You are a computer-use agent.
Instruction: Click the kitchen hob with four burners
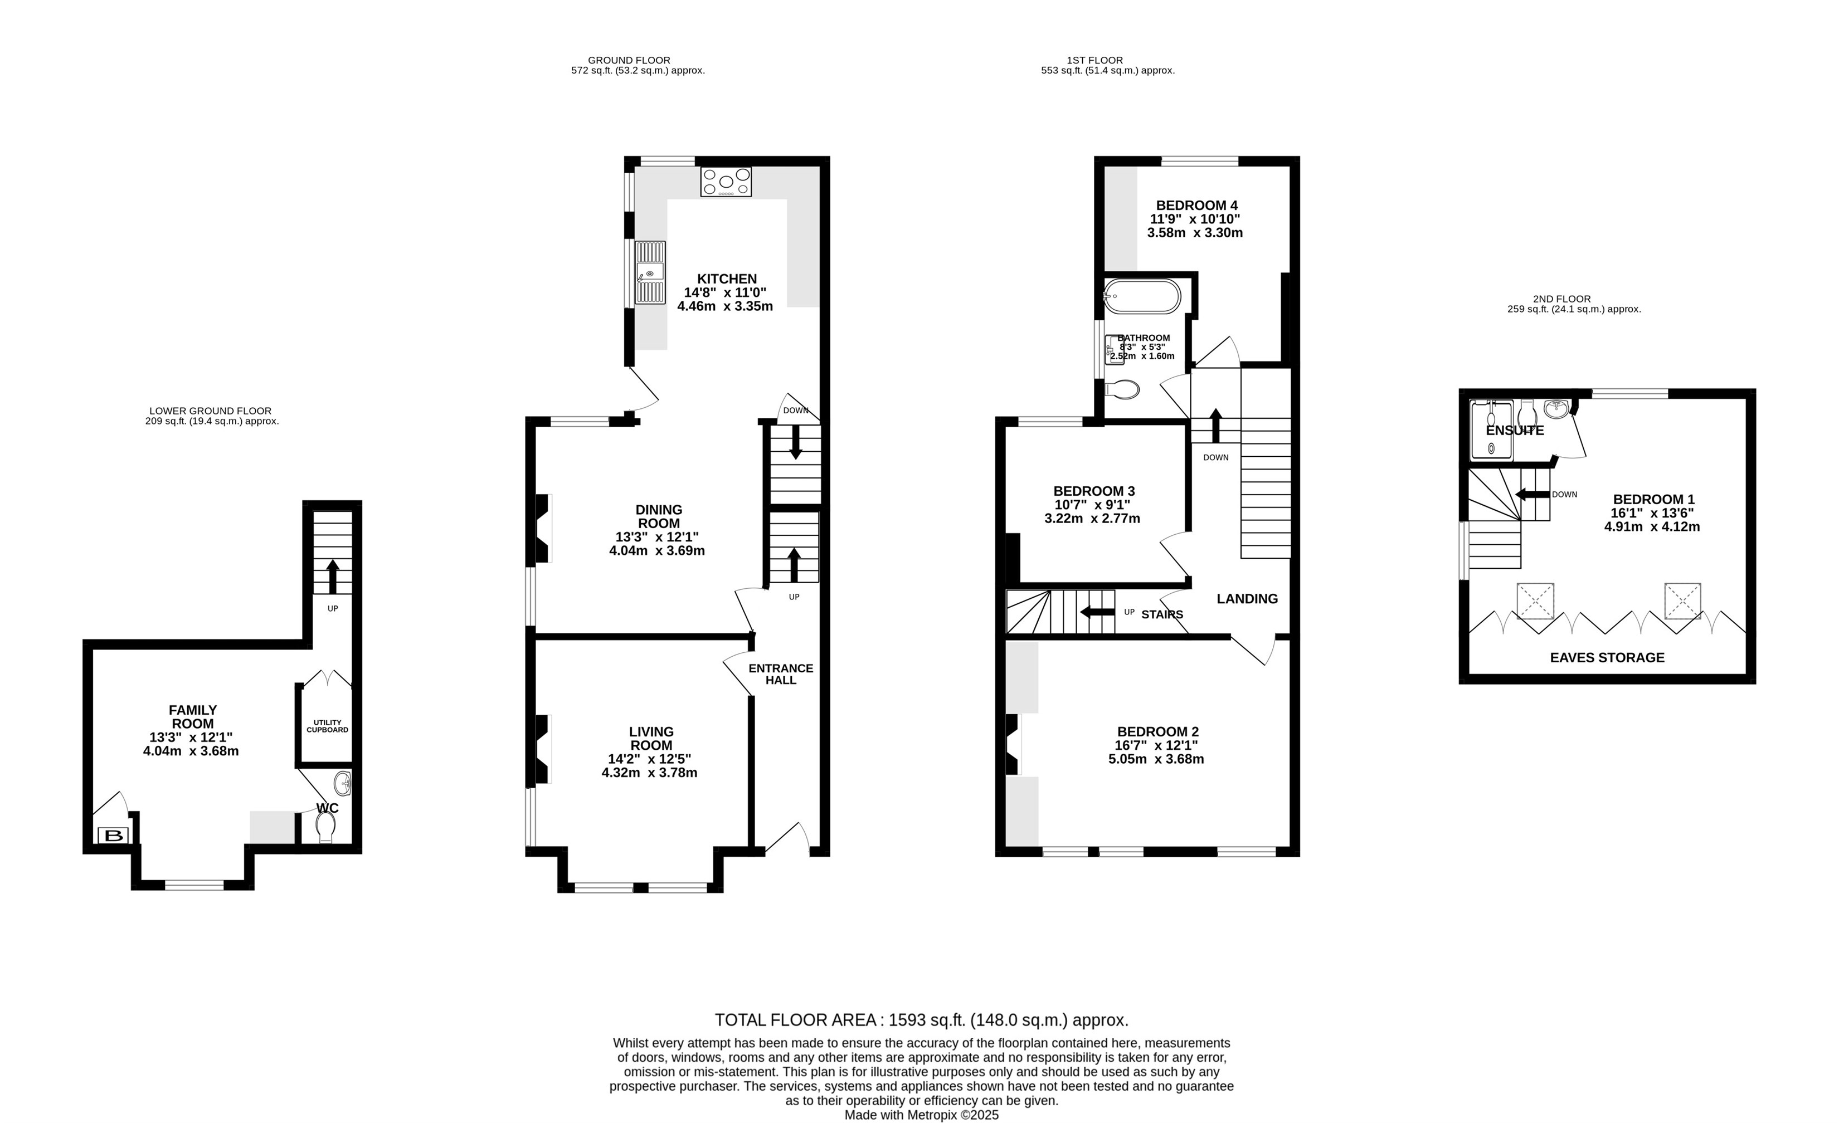(x=726, y=182)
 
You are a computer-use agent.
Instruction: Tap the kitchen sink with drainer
(x=650, y=272)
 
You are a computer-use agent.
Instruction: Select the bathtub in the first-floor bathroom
(x=1142, y=297)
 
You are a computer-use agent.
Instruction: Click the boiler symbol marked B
(x=114, y=836)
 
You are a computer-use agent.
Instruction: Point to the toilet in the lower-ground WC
(x=325, y=827)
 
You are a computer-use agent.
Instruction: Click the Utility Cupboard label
(x=327, y=726)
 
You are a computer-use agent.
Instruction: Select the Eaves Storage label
(x=1607, y=657)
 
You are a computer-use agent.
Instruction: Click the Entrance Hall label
(x=781, y=674)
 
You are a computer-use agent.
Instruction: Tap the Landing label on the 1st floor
(x=1247, y=598)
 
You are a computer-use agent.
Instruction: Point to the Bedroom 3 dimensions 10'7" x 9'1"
(x=1093, y=505)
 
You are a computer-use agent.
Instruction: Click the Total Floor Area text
(x=922, y=1020)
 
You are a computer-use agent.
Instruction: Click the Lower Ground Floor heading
(x=211, y=411)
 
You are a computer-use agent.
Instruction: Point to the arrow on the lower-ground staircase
(x=333, y=576)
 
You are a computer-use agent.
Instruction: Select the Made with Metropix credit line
(x=921, y=1115)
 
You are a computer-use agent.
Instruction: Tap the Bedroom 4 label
(x=1196, y=205)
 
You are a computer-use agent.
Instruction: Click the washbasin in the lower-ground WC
(x=343, y=784)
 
